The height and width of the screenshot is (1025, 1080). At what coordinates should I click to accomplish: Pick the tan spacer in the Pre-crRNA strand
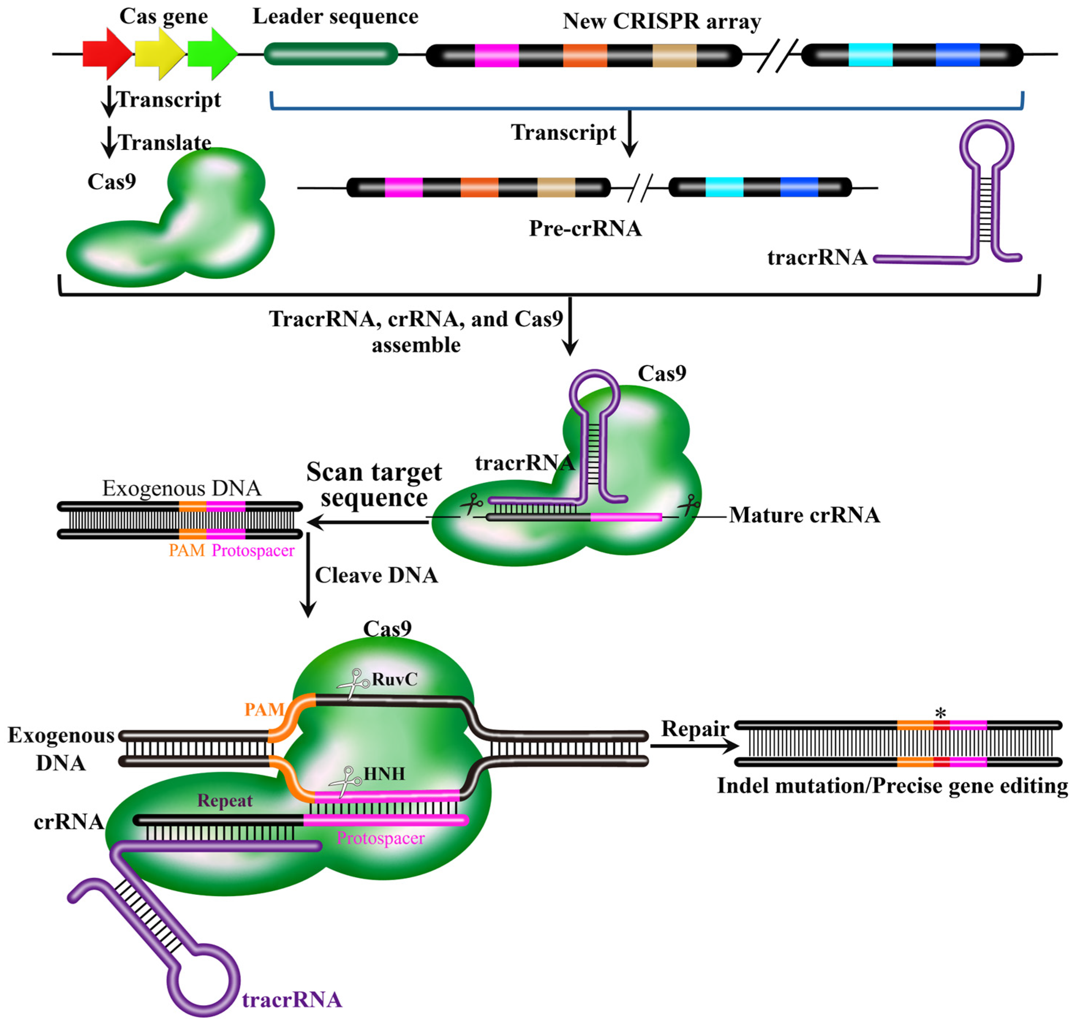click(x=555, y=187)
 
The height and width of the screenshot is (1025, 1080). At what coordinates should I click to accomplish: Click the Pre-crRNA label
click(x=585, y=228)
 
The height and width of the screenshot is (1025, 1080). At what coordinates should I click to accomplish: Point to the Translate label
click(x=165, y=143)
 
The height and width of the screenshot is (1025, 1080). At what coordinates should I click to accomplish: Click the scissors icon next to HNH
click(x=345, y=782)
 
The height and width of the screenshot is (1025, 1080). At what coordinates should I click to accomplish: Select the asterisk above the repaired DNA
click(x=940, y=713)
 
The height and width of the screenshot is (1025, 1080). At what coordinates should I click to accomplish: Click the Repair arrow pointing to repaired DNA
click(x=694, y=745)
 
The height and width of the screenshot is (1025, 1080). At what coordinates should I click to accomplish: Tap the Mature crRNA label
click(x=804, y=515)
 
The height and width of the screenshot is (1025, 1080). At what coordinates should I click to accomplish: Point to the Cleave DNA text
click(x=376, y=575)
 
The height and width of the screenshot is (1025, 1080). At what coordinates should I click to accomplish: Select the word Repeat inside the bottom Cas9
click(x=224, y=800)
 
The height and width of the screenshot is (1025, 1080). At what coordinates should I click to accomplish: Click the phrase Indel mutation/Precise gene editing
click(x=892, y=786)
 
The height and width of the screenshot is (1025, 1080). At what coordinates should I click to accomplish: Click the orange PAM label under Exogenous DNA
click(x=186, y=550)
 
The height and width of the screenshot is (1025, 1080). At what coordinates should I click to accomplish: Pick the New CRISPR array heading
click(x=661, y=21)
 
